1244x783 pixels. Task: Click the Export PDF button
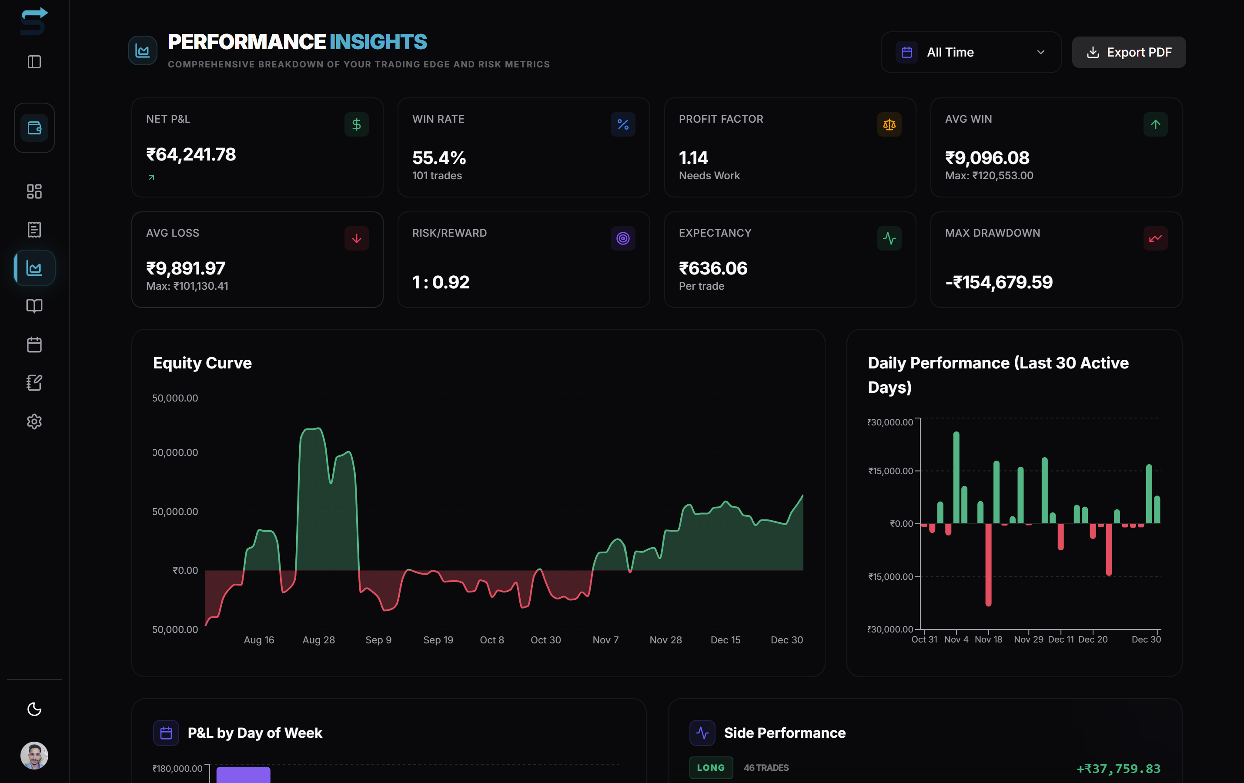click(1128, 52)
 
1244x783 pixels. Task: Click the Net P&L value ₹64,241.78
click(191, 154)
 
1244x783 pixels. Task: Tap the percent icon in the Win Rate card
click(622, 124)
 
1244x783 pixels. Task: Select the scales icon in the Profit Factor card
click(889, 124)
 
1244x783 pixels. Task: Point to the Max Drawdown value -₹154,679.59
click(998, 282)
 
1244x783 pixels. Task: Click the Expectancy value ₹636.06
click(712, 268)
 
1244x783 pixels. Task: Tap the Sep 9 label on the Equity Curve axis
click(378, 640)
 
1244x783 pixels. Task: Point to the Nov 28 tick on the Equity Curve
click(665, 640)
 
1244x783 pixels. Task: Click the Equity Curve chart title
click(202, 363)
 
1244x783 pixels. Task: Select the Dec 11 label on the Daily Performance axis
click(1060, 639)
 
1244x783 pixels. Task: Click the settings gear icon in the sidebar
click(34, 422)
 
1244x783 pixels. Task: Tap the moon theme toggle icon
click(34, 709)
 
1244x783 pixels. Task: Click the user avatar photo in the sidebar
click(34, 756)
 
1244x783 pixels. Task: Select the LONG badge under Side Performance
click(710, 767)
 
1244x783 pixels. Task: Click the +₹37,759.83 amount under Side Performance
click(1118, 769)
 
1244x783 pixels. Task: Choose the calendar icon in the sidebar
click(34, 345)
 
